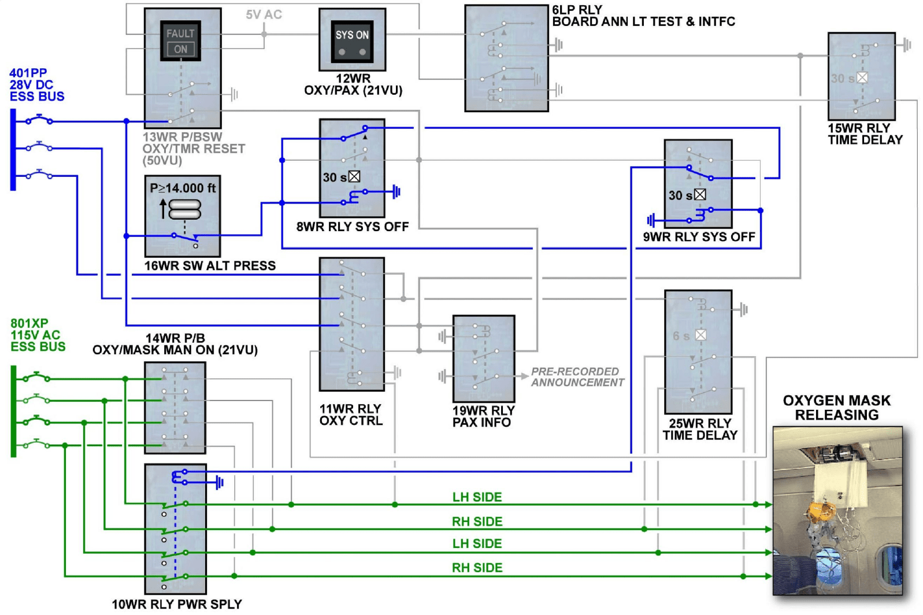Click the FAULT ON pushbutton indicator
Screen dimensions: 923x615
[180, 41]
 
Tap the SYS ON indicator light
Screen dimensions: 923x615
[352, 42]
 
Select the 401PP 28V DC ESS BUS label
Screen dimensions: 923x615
[36, 85]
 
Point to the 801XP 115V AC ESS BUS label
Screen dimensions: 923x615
[38, 335]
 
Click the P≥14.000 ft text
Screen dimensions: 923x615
[183, 188]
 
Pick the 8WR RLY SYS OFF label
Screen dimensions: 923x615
[353, 227]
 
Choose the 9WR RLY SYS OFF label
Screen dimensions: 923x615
[699, 237]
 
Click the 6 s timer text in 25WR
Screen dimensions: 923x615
[681, 336]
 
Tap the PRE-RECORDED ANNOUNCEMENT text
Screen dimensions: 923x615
[577, 377]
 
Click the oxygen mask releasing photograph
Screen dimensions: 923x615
[837, 511]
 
